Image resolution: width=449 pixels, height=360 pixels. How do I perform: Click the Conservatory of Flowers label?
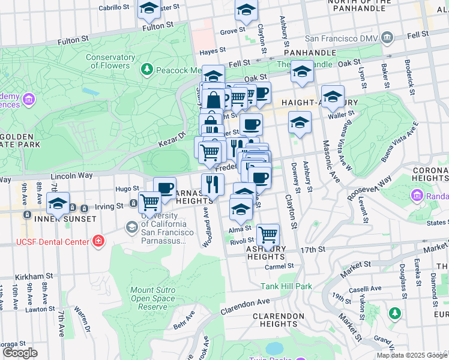(x=107, y=61)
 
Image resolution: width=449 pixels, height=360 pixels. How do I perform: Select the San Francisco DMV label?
(x=342, y=38)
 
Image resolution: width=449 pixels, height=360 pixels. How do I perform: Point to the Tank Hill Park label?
(x=286, y=286)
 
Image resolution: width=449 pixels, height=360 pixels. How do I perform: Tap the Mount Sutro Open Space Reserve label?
(x=153, y=298)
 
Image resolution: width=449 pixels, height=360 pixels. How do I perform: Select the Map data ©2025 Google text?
(x=412, y=355)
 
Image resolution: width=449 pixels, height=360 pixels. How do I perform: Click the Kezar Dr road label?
(x=172, y=141)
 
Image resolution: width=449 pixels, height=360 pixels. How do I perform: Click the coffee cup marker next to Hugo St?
(x=164, y=187)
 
